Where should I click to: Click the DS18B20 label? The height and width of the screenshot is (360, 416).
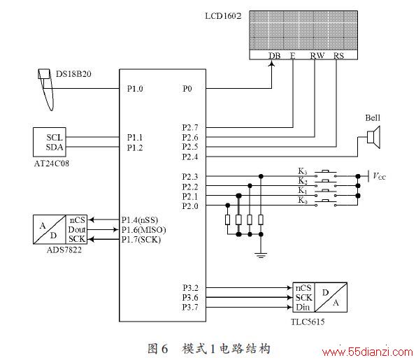click(x=73, y=74)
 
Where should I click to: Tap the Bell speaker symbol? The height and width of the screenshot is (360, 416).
click(x=373, y=137)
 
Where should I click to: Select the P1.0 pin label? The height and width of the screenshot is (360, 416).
click(x=135, y=89)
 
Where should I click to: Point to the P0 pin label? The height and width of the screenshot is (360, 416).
click(x=187, y=89)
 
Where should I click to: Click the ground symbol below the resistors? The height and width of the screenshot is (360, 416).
click(x=261, y=255)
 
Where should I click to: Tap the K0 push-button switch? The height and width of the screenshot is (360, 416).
click(x=326, y=203)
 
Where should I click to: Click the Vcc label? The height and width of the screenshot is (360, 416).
click(x=379, y=176)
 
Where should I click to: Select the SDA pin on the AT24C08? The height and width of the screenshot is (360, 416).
click(x=55, y=147)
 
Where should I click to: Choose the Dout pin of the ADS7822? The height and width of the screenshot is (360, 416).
click(x=77, y=229)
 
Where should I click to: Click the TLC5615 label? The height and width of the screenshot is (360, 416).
click(x=308, y=322)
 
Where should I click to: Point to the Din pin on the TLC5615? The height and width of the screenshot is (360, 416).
click(x=303, y=307)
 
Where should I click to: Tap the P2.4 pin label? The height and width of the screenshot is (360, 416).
click(x=190, y=157)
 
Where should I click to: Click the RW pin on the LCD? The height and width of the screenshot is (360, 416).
click(x=317, y=56)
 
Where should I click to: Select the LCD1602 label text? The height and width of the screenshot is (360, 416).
click(x=223, y=16)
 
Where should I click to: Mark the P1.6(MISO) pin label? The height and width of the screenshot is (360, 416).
click(x=144, y=230)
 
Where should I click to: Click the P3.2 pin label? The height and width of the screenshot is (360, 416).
click(x=190, y=288)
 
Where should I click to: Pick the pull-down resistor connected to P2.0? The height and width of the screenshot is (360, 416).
click(x=228, y=220)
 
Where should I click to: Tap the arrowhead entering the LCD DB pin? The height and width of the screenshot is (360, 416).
click(x=272, y=64)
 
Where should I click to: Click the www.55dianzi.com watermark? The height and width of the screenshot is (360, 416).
click(x=368, y=352)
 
